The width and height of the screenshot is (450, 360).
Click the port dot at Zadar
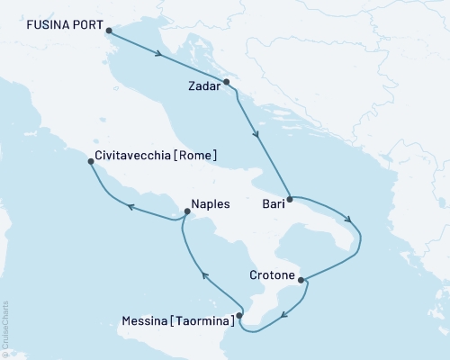pos(227,82)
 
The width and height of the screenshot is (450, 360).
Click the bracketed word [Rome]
pos(195,154)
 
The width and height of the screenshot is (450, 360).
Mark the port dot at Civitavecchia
pos(89,162)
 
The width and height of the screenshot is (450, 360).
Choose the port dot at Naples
pos(186,212)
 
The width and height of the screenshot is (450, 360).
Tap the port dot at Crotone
pos(301,279)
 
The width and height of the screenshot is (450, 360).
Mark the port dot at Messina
pos(238,315)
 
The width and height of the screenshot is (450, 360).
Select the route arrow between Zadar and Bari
pos(258,136)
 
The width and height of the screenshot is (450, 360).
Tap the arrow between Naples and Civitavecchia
pos(130,207)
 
